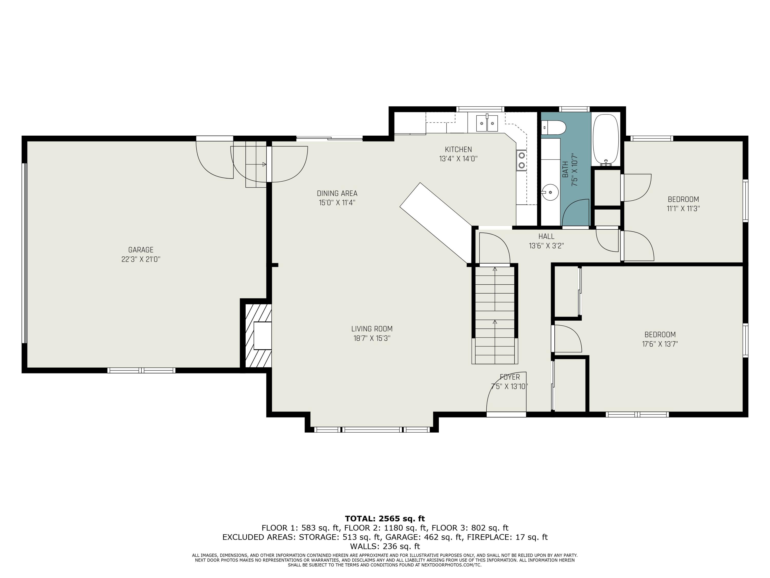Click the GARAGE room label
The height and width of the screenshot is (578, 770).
click(141, 250)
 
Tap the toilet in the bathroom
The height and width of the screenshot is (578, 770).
click(553, 127)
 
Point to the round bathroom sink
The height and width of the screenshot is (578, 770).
click(550, 192)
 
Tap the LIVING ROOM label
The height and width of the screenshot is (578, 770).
click(372, 329)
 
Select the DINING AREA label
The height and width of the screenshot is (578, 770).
click(337, 193)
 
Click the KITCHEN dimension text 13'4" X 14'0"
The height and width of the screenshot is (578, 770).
click(458, 159)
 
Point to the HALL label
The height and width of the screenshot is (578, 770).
click(546, 236)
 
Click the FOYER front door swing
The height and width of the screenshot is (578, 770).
click(506, 392)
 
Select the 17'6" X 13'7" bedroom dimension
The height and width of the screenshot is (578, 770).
click(660, 344)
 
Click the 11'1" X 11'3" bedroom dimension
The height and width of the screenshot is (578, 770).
click(683, 209)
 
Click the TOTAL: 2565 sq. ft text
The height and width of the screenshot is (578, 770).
click(385, 518)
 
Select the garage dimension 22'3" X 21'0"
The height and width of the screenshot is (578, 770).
click(141, 259)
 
